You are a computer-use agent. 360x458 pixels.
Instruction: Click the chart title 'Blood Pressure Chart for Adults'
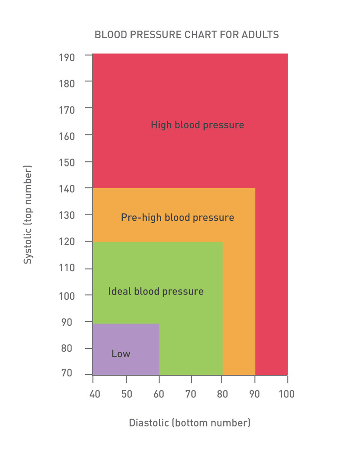click(186, 35)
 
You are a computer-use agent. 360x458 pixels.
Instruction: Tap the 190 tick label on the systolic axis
click(67, 57)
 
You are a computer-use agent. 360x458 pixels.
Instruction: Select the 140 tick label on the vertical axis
click(67, 189)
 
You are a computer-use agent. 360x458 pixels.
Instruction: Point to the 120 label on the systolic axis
click(67, 242)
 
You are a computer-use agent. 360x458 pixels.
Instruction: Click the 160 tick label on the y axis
click(67, 135)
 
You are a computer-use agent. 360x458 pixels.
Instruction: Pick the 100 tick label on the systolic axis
click(67, 296)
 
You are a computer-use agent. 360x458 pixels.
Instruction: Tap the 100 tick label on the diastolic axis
click(287, 394)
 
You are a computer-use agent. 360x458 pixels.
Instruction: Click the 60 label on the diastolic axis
click(159, 394)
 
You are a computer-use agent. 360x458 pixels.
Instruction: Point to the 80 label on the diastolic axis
click(223, 394)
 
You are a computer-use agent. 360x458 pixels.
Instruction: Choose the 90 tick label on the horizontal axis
click(255, 394)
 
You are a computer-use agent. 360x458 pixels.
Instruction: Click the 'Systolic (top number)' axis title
click(28, 215)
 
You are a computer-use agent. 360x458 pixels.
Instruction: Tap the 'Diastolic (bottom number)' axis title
click(189, 423)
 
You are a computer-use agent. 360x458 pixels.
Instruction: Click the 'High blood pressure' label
click(197, 125)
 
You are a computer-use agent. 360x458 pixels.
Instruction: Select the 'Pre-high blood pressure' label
click(177, 218)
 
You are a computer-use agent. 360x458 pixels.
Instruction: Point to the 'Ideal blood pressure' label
click(156, 292)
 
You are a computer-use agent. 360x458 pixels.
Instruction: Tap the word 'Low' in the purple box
click(121, 354)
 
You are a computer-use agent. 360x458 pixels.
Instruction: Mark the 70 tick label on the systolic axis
click(67, 373)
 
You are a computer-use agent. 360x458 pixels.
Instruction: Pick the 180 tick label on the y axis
click(67, 83)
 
